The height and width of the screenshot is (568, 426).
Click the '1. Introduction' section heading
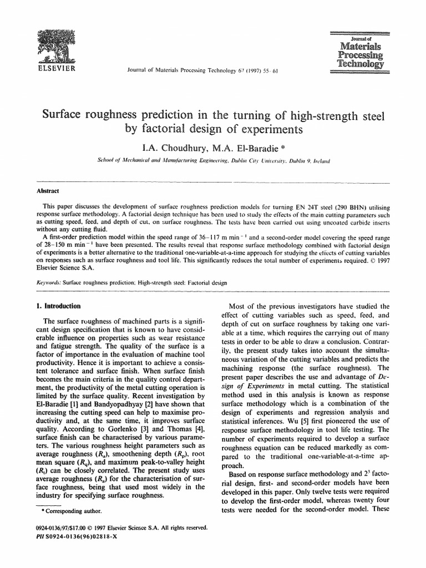(x=58, y=306)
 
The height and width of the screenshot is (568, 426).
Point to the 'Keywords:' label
(x=48, y=282)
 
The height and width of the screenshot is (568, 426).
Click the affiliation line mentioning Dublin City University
(x=213, y=161)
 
